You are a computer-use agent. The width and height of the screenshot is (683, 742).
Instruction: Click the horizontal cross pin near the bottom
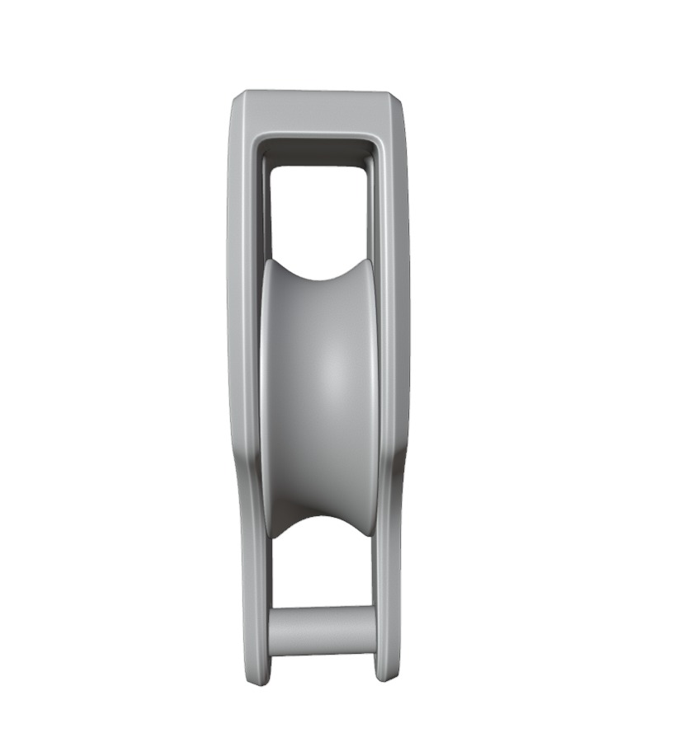click(x=322, y=631)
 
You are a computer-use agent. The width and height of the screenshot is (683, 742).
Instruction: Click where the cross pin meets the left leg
click(x=270, y=632)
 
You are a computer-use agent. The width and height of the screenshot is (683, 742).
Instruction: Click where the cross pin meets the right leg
click(x=375, y=631)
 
